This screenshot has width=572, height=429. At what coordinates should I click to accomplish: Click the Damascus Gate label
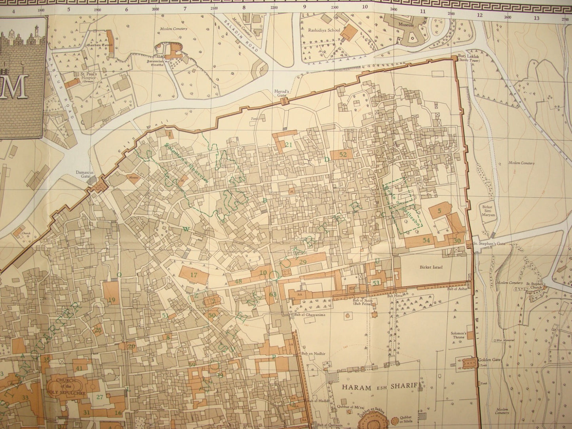coord(86,175)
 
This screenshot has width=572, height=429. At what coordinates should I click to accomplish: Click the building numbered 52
coord(343,154)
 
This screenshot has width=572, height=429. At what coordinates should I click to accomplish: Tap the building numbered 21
coord(289,144)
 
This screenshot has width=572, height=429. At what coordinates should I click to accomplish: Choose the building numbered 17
coord(194,275)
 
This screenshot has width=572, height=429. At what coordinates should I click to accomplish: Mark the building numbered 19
coord(112,300)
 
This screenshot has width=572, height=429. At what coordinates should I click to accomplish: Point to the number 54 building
coord(426,240)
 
